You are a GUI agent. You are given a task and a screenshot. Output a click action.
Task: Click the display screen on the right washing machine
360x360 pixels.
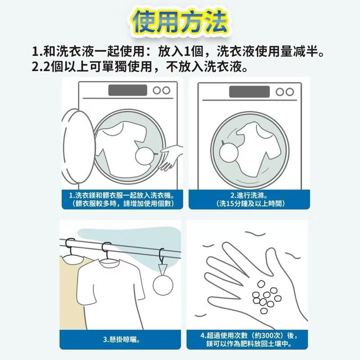click(x=248, y=91)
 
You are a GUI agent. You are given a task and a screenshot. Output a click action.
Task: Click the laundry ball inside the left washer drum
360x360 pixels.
click(x=145, y=157)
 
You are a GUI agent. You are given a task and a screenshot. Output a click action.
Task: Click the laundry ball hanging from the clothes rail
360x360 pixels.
click(x=162, y=284)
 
